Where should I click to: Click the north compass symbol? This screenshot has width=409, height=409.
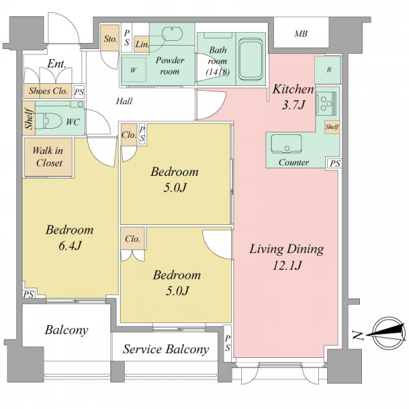[389, 333]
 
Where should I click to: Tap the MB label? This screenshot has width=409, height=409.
[301, 33]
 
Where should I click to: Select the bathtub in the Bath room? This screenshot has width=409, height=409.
[250, 59]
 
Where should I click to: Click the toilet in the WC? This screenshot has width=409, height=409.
[48, 121]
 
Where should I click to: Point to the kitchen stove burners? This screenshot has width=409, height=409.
[326, 104]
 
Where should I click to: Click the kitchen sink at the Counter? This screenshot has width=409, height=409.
[286, 144]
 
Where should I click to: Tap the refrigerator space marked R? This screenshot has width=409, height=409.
[328, 70]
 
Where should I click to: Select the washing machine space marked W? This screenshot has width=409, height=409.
[134, 70]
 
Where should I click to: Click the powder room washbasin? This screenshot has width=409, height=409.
[172, 34]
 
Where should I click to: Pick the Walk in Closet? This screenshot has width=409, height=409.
[48, 157]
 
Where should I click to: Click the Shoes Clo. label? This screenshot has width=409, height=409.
[48, 91]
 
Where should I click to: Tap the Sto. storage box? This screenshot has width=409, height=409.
[110, 38]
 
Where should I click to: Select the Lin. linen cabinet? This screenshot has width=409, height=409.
[142, 44]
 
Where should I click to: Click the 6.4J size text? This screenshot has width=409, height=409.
[70, 245]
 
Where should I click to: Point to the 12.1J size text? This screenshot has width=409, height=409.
[287, 266]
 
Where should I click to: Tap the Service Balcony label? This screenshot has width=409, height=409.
[166, 349]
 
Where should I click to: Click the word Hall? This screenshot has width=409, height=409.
[124, 101]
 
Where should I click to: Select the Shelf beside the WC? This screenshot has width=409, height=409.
[29, 118]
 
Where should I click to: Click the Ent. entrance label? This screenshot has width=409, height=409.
[57, 63]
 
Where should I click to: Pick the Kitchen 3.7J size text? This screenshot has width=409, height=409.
[293, 105]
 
